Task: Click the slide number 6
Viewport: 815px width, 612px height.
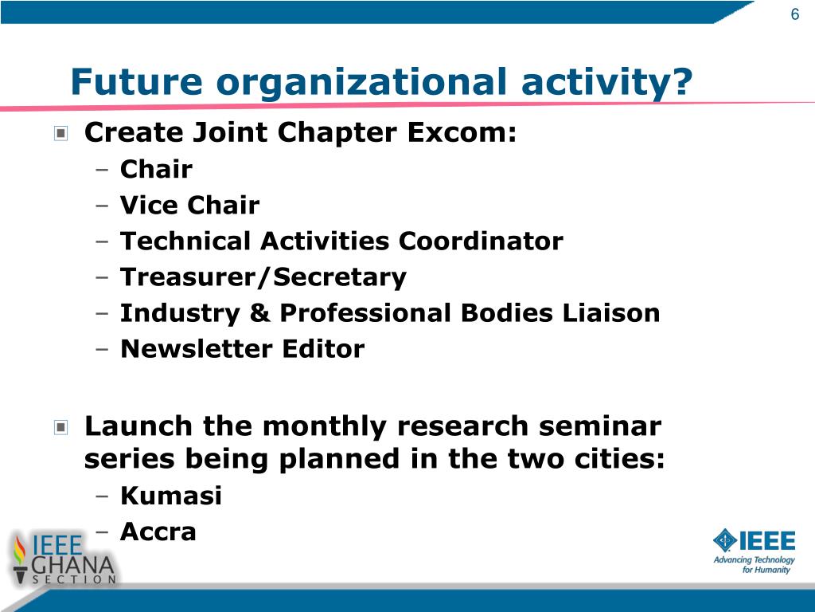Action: pyautogui.click(x=795, y=14)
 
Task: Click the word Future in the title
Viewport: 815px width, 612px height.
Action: pyautogui.click(x=136, y=82)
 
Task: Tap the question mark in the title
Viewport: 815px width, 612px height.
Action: pyautogui.click(x=680, y=82)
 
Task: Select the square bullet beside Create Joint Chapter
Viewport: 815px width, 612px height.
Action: pyautogui.click(x=60, y=134)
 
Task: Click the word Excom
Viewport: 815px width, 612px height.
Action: pyautogui.click(x=462, y=132)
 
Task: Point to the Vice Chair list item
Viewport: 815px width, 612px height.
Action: pyautogui.click(x=189, y=205)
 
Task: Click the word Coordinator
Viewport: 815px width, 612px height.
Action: pyautogui.click(x=481, y=241)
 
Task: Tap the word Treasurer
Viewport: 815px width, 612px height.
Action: pyautogui.click(x=188, y=277)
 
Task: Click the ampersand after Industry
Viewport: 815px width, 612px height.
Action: pyautogui.click(x=260, y=312)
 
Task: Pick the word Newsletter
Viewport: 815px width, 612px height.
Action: pyautogui.click(x=196, y=349)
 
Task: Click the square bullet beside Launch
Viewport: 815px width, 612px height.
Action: pyautogui.click(x=60, y=428)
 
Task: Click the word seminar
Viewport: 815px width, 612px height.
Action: pyautogui.click(x=600, y=426)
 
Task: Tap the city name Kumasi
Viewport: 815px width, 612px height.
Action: pyautogui.click(x=171, y=496)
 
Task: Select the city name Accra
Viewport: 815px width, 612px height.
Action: pyautogui.click(x=158, y=532)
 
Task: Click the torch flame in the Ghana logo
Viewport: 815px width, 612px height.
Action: pyautogui.click(x=20, y=551)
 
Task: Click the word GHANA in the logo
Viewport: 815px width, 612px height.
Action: pyautogui.click(x=72, y=566)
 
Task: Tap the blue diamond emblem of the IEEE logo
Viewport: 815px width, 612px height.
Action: pyautogui.click(x=725, y=540)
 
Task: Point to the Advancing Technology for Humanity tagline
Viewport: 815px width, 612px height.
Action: pyautogui.click(x=754, y=565)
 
